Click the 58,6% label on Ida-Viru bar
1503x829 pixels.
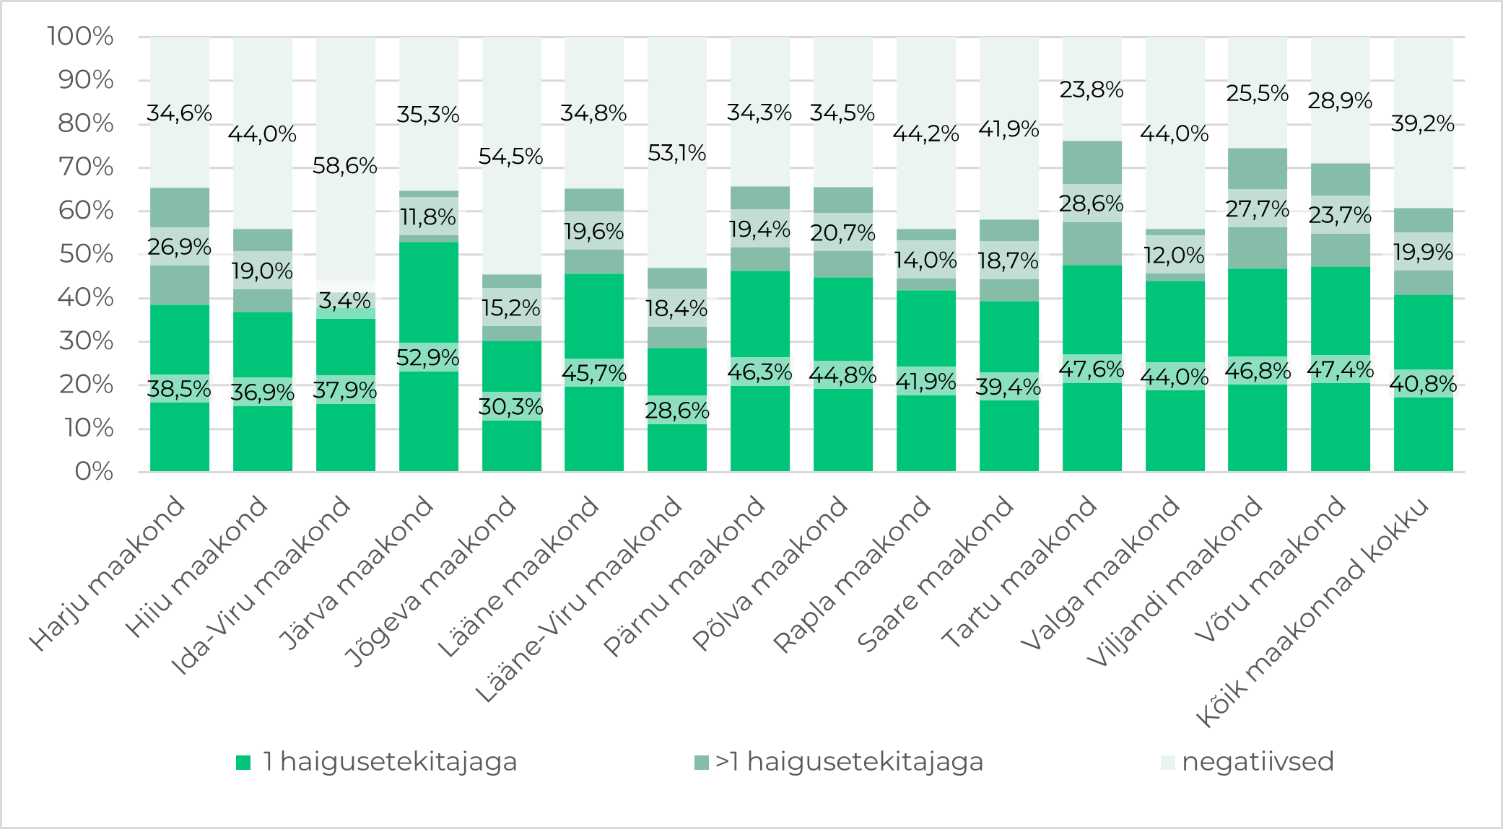(x=345, y=167)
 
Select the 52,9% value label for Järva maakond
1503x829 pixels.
(x=428, y=358)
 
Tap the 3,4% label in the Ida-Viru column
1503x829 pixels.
(x=345, y=301)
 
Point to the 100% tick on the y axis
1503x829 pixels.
(x=80, y=36)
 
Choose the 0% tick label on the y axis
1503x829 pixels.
(x=94, y=472)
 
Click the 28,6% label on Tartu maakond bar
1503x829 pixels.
(x=1092, y=204)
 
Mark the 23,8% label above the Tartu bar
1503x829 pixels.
(x=1092, y=90)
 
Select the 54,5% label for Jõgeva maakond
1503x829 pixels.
(x=511, y=157)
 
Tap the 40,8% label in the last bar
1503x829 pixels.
(x=1423, y=384)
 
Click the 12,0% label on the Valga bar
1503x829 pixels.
(x=1175, y=255)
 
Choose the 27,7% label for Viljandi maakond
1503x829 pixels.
(x=1258, y=209)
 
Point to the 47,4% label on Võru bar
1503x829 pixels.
(x=1341, y=369)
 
